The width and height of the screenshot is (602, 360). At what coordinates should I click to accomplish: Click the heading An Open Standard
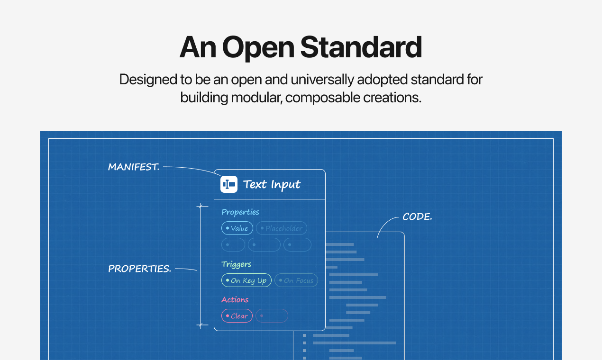[x=301, y=47]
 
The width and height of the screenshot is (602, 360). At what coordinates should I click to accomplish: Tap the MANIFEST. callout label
[x=134, y=167]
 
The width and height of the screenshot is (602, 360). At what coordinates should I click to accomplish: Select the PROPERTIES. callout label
[x=139, y=269]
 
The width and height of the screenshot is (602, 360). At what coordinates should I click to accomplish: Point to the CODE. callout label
[x=417, y=217]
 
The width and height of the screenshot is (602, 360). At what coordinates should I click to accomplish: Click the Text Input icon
[x=229, y=184]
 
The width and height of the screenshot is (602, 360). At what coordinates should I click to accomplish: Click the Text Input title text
[x=272, y=184]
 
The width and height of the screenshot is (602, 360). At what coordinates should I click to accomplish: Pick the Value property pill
[x=237, y=228]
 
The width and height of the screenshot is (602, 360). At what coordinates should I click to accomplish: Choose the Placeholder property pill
[x=282, y=228]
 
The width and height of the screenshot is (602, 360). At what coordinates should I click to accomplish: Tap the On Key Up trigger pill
[x=246, y=280]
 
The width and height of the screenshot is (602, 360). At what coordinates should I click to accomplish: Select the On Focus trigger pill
[x=296, y=280]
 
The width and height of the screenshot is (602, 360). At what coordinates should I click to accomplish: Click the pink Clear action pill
[x=237, y=316]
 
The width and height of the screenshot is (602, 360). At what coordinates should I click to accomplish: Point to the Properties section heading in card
[x=240, y=212]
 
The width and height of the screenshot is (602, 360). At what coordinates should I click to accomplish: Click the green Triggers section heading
[x=236, y=264]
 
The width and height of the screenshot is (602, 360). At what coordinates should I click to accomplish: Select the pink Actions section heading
[x=235, y=300]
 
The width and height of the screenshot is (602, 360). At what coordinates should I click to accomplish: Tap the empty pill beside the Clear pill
[x=272, y=316]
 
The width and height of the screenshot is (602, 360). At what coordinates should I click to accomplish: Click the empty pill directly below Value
[x=233, y=245]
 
